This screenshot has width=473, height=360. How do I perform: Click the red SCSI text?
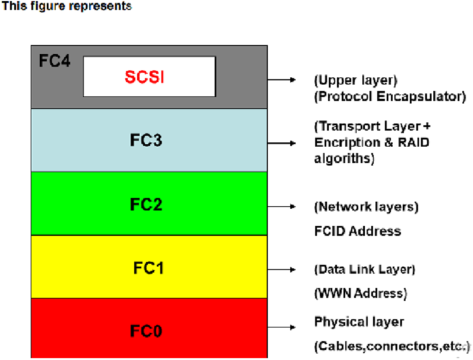coord(144,77)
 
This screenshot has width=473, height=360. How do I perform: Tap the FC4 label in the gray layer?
coord(54,61)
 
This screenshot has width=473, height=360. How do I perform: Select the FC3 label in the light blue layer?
coord(146,140)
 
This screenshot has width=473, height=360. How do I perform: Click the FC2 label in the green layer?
coord(146,204)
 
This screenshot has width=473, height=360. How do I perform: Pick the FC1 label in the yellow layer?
coord(148,268)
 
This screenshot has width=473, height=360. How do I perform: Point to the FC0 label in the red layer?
coord(146,331)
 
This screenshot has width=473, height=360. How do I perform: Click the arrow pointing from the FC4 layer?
coord(281,80)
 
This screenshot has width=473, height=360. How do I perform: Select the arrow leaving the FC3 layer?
coord(281,143)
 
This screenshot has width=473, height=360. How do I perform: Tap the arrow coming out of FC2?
coord(281,206)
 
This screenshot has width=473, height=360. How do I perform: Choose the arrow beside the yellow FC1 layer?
coord(281,270)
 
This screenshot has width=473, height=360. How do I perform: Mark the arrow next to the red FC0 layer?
coord(281,327)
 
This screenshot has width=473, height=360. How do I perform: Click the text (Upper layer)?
coord(356,80)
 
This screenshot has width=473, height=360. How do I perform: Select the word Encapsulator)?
coord(422,97)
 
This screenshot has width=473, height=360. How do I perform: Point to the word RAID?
coord(413,142)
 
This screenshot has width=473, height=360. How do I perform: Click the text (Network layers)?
coord(366,207)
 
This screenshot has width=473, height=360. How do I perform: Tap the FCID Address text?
coord(358,231)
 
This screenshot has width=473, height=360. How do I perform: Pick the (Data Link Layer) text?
coord(365,270)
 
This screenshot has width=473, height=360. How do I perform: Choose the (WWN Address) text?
coord(361,293)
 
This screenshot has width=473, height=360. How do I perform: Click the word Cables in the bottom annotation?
coord(342,346)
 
